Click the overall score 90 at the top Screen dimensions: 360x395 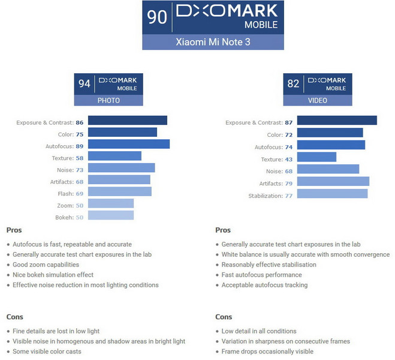(157, 17)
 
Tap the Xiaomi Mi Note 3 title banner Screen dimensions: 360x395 (213, 42)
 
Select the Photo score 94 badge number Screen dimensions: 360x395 (85, 83)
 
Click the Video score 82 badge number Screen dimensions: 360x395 (293, 83)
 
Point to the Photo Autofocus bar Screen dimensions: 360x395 (128, 144)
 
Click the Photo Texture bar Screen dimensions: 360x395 (114, 156)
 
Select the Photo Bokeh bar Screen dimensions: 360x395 (110, 216)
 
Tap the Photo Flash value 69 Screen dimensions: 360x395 (79, 193)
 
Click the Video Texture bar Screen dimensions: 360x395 (316, 158)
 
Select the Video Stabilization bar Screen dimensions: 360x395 (331, 194)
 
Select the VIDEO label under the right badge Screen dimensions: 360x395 (317, 100)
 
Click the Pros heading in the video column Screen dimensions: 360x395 (223, 230)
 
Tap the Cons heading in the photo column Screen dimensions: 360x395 (15, 316)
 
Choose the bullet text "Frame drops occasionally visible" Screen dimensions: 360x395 (267, 352)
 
